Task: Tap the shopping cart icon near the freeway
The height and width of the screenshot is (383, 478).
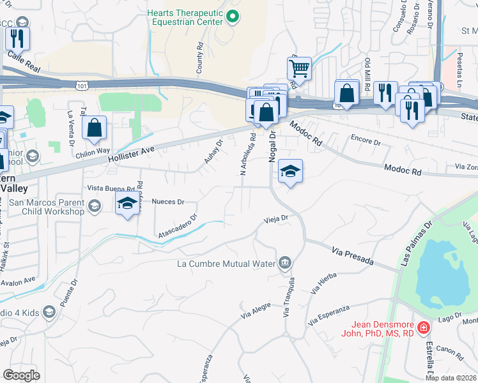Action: (299, 68)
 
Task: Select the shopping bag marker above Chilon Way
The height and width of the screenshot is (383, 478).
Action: (95, 128)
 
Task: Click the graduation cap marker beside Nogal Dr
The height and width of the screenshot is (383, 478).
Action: (290, 171)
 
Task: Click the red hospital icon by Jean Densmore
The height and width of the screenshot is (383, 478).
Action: (423, 328)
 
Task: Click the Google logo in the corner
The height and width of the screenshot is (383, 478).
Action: (22, 375)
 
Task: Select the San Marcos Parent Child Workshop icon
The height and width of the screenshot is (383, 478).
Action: (95, 206)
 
